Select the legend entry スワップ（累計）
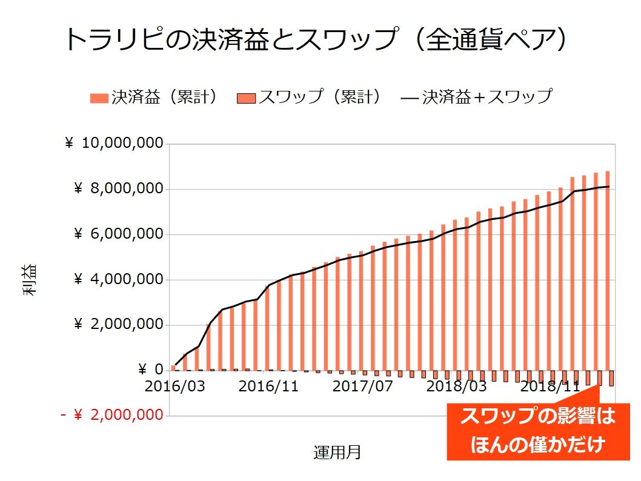pyautogui.click(x=310, y=97)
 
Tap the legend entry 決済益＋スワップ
pyautogui.click(x=476, y=97)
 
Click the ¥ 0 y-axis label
pyautogui.click(x=151, y=370)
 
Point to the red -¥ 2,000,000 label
pyautogui.click(x=111, y=416)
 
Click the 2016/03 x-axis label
pyautogui.click(x=175, y=386)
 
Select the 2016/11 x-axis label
pyautogui.click(x=268, y=386)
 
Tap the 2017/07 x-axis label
pyautogui.click(x=362, y=386)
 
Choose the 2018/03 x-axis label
pyautogui.click(x=456, y=386)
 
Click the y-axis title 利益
pyautogui.click(x=30, y=280)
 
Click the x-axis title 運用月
pyautogui.click(x=337, y=452)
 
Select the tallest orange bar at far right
pyautogui.click(x=607, y=271)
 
